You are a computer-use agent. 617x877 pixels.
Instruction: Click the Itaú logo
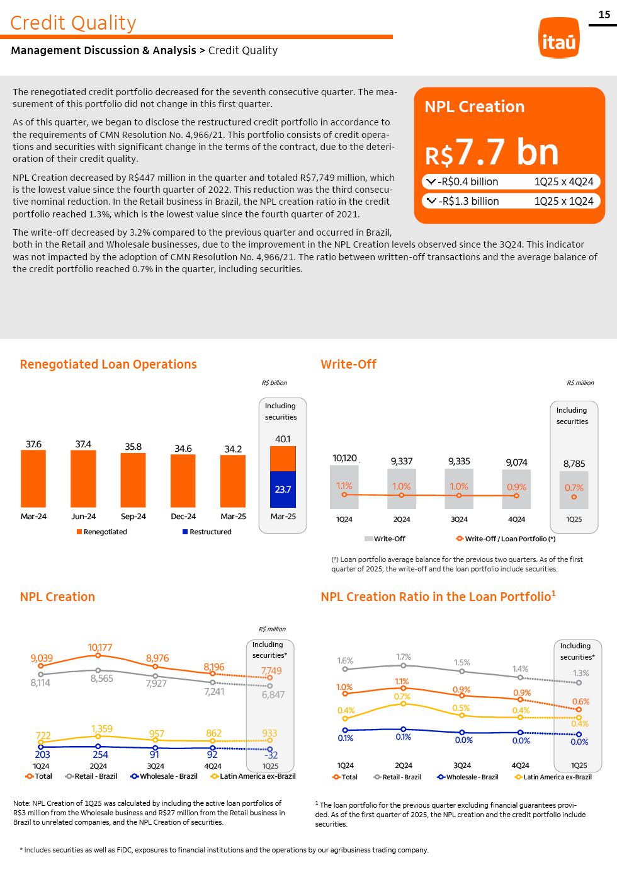(559, 38)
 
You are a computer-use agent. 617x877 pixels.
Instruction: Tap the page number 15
(604, 14)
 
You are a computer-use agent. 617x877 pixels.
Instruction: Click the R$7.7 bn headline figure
(492, 152)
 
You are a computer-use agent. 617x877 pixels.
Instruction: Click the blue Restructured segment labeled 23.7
(283, 489)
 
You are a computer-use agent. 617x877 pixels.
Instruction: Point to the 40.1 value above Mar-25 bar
(283, 438)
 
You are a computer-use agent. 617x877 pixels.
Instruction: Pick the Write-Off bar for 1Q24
(344, 487)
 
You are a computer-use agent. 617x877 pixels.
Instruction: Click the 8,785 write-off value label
(574, 464)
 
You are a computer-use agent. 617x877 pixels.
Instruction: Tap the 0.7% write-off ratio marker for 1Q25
(574, 497)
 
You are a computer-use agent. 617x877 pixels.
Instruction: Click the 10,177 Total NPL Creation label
(99, 647)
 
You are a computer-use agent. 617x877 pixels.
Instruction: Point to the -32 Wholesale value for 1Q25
(271, 755)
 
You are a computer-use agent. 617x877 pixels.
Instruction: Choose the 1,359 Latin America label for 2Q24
(101, 729)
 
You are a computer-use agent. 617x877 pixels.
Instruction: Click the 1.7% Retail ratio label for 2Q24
(403, 656)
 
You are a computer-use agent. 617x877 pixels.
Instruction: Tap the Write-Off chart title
(348, 364)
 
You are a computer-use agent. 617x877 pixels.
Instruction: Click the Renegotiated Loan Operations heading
(108, 364)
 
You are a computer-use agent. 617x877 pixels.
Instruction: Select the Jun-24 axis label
(83, 516)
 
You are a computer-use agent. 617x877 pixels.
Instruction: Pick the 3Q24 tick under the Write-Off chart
(459, 519)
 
